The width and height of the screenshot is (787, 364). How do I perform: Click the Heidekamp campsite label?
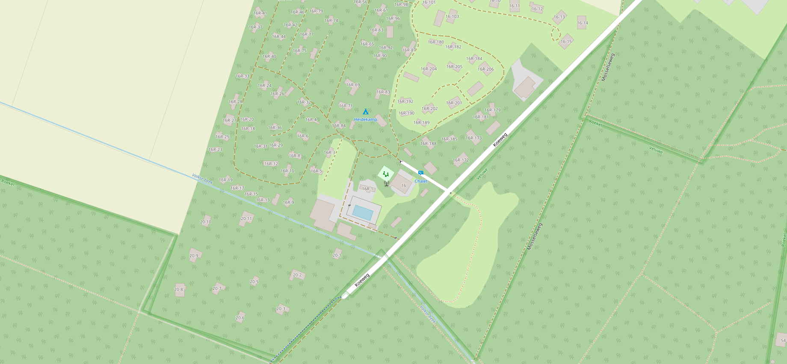point(365,119)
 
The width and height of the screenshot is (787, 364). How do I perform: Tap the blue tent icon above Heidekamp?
point(365,112)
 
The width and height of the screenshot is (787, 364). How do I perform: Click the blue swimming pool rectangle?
point(362,212)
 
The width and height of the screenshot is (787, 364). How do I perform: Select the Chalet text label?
point(421,181)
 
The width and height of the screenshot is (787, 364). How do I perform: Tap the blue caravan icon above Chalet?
point(420,173)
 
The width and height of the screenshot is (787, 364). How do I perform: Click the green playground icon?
point(385,174)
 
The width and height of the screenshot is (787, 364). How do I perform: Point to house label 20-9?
point(194,256)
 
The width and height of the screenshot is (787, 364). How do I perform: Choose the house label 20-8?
point(178,289)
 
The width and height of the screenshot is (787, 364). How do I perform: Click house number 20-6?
point(240,318)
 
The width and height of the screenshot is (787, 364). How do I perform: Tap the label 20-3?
point(281,309)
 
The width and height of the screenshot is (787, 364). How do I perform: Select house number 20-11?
point(246,218)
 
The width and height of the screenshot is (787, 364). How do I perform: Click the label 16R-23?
point(216,150)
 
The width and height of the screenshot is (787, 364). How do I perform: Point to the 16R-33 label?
point(243,76)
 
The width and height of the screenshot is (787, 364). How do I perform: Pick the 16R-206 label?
point(486,69)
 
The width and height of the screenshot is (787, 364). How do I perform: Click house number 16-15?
point(566,42)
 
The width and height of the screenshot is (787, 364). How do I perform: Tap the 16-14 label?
point(582,23)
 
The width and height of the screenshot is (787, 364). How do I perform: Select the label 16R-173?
point(474,138)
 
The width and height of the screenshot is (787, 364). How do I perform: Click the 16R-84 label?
point(339,126)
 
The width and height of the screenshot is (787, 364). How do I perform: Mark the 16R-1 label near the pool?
point(367,189)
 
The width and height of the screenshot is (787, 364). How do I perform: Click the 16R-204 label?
point(429,69)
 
